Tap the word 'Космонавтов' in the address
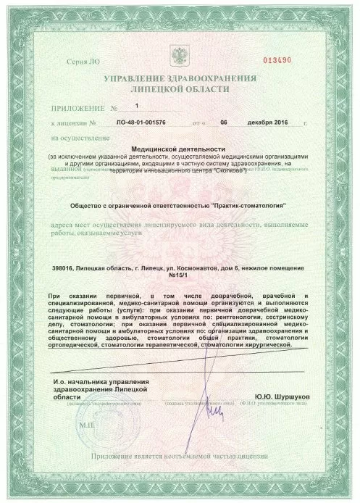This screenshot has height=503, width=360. pyautogui.click(x=215, y=268)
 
